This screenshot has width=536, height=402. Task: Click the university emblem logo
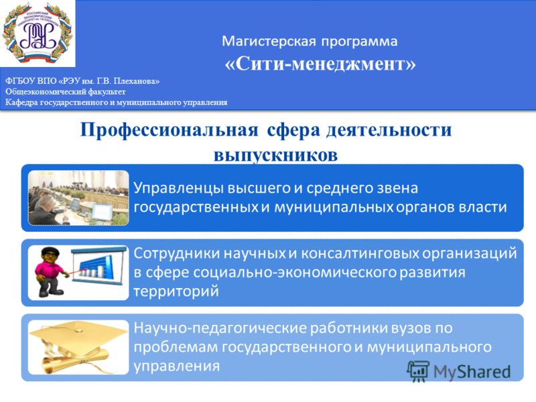(x=37, y=33)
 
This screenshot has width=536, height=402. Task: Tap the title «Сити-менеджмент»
(x=320, y=64)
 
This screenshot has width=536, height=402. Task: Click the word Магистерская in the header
(x=269, y=42)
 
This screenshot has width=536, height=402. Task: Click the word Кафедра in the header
(x=21, y=103)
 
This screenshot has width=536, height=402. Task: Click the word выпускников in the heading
(x=276, y=155)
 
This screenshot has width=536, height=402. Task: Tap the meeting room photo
(x=78, y=198)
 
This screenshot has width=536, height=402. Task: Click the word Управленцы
(x=178, y=188)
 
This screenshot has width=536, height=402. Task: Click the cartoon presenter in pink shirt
(x=51, y=272)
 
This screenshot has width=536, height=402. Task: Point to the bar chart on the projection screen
(x=96, y=267)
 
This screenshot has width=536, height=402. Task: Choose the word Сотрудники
(x=177, y=254)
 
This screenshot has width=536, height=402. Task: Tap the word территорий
(x=176, y=291)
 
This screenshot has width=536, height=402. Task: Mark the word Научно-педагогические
(x=220, y=328)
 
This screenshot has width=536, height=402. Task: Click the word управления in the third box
(x=177, y=366)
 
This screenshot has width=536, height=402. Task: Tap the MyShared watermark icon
(x=417, y=371)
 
